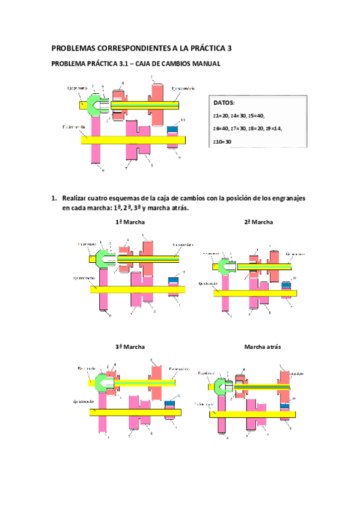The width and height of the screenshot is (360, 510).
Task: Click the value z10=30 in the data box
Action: pos(222,142)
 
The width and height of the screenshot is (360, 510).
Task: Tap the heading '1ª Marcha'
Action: pos(130,222)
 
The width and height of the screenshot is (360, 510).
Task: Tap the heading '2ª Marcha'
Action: pos(258,222)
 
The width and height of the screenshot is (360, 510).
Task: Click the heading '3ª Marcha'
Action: pos(130,347)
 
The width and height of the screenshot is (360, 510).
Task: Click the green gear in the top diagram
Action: pos(95,103)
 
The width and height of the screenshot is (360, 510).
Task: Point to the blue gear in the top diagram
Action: pos(172,130)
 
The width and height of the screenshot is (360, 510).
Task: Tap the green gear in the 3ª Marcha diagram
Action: pos(103,381)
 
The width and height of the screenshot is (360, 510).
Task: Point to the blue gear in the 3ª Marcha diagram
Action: pos(171,404)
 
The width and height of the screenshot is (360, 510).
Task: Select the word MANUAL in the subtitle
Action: pos(203,64)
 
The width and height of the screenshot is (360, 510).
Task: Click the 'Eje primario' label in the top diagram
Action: pos(77,88)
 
